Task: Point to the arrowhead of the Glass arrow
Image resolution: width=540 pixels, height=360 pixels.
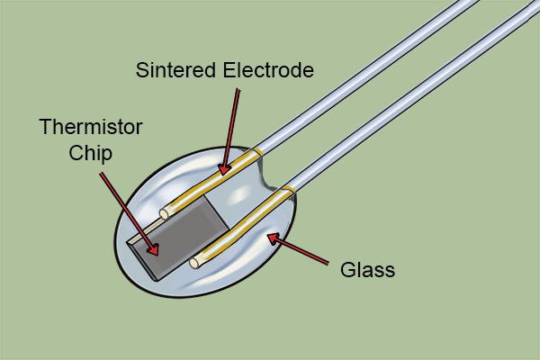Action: [x=273, y=236]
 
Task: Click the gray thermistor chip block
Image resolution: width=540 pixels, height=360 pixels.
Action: [x=180, y=236]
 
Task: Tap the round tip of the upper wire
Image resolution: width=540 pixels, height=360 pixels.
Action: [x=166, y=214]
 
